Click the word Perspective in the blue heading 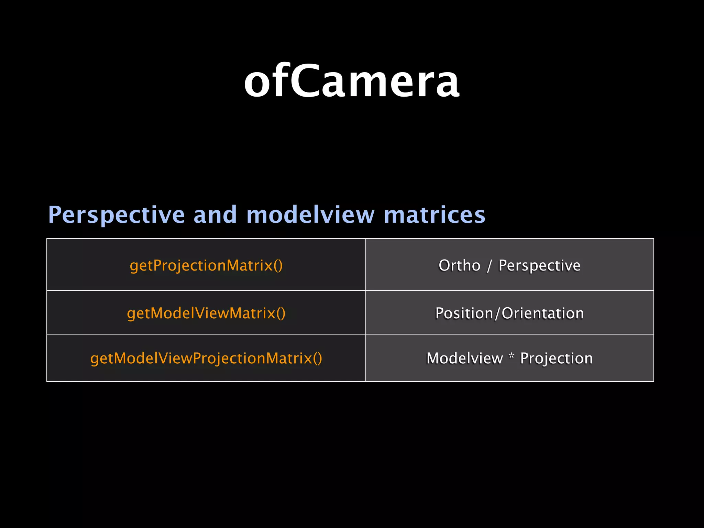[x=117, y=215]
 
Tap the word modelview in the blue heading [x=310, y=214]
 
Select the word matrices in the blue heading [x=434, y=214]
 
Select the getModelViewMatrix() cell [x=206, y=313]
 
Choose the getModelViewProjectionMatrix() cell [x=206, y=358]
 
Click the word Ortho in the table [x=459, y=265]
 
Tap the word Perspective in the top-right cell [x=539, y=266]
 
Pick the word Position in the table [x=464, y=313]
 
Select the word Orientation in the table [x=542, y=313]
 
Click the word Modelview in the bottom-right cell [x=464, y=358]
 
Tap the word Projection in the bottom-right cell [x=556, y=359]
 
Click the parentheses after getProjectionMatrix [x=278, y=266]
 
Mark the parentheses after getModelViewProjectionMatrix [x=318, y=359]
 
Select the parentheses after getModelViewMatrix [x=281, y=313]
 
